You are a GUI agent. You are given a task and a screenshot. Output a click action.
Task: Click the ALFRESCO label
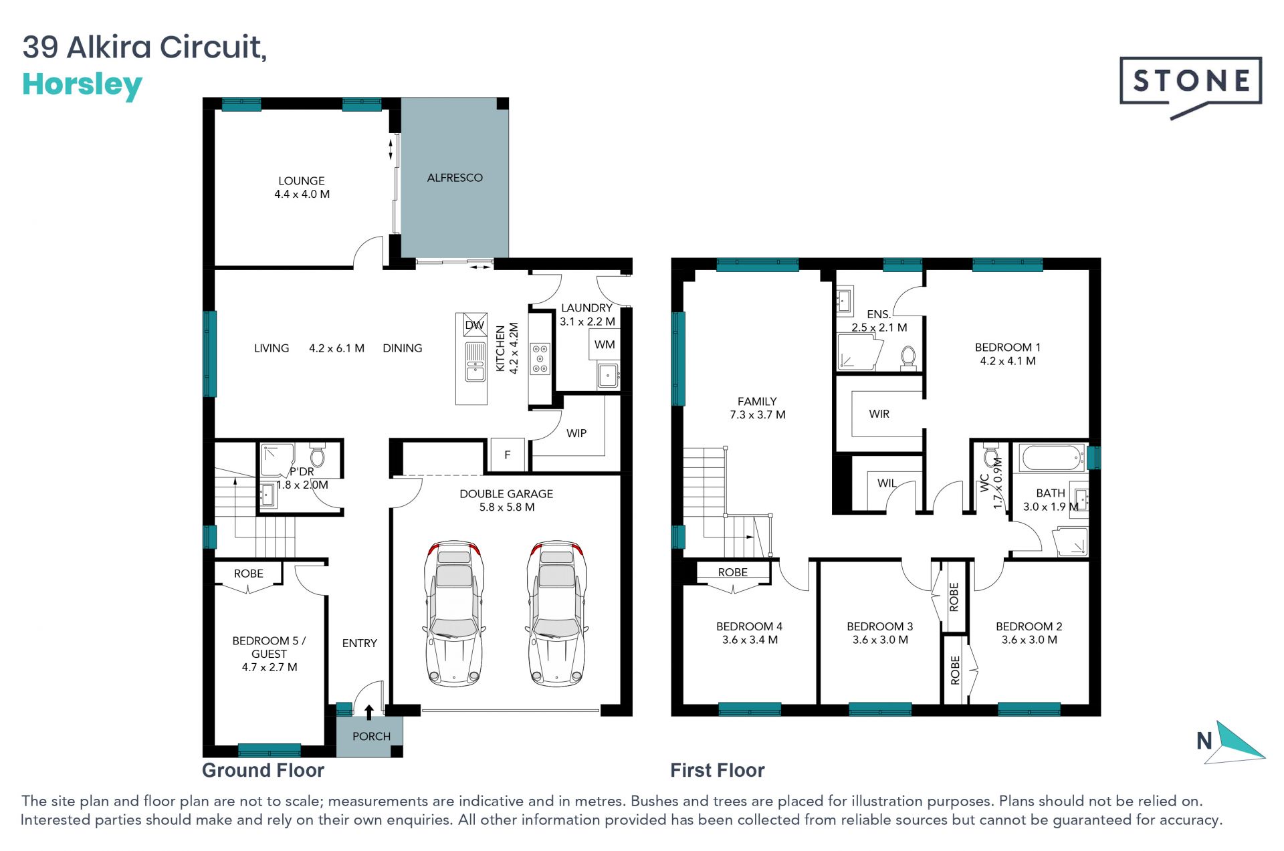point(455,178)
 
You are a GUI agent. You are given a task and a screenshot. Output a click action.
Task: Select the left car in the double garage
point(454,614)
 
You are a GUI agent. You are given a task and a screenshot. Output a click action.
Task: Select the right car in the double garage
point(556,614)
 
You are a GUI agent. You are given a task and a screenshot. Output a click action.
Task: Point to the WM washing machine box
point(605,345)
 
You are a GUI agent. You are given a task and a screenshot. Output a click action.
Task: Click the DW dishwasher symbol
point(474,325)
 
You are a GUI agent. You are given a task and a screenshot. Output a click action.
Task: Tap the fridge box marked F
point(508,455)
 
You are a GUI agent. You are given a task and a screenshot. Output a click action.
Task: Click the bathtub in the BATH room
point(1051,459)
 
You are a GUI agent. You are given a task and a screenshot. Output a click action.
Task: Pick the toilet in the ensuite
point(908,358)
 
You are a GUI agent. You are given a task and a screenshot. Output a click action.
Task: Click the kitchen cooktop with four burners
point(540,359)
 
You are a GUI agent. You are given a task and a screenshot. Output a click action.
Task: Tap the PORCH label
point(371,736)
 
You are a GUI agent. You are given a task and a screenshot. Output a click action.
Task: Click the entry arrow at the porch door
point(368,712)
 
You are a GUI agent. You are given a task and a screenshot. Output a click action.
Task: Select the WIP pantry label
point(576,433)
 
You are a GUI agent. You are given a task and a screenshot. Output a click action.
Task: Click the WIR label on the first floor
point(879,414)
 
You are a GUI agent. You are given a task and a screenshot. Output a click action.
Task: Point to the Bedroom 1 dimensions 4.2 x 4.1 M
point(1008,361)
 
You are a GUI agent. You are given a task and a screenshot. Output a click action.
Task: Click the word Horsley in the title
point(82,86)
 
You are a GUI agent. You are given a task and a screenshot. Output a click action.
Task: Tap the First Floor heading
point(718,770)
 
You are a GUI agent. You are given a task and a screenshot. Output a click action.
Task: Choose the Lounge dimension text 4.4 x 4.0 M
point(302,194)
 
